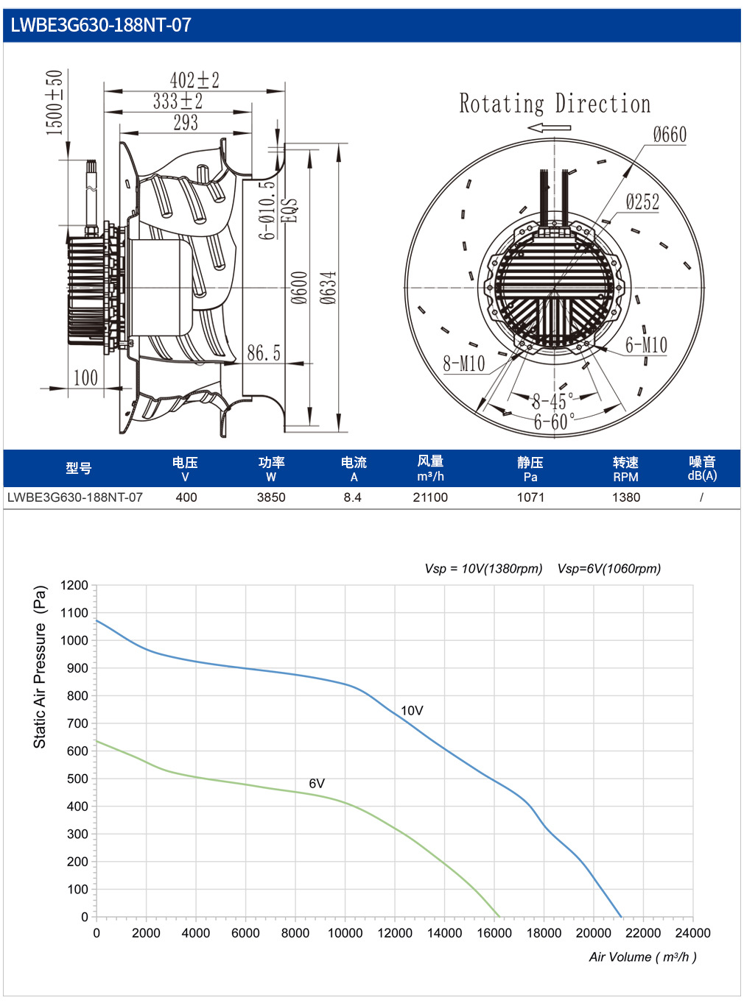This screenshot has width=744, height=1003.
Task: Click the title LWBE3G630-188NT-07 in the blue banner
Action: (101, 25)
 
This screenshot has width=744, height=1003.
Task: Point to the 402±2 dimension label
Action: (194, 80)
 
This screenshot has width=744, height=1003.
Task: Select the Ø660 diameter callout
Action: (670, 135)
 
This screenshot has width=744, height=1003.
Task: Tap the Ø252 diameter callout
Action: (642, 202)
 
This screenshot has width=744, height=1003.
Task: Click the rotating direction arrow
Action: (550, 127)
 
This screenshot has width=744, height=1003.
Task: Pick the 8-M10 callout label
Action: (463, 363)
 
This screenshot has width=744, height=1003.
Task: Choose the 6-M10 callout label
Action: (646, 345)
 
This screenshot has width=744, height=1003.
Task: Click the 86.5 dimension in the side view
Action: (264, 352)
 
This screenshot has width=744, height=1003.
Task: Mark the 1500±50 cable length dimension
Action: (55, 102)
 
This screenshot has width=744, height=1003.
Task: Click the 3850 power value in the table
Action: (271, 497)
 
